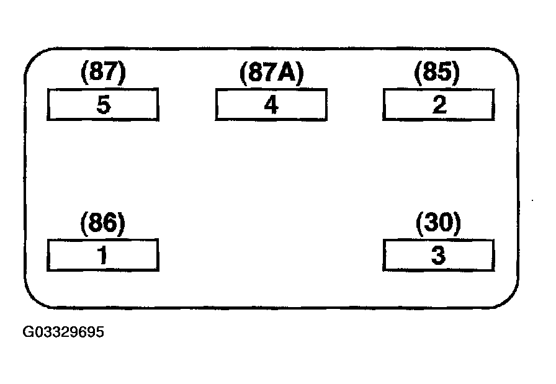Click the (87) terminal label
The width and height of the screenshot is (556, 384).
[x=103, y=72]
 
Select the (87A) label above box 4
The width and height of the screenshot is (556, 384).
[x=272, y=73]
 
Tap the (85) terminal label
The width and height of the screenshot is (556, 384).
[x=437, y=73]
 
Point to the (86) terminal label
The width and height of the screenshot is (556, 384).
[x=103, y=224]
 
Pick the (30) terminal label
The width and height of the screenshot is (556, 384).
[x=438, y=223]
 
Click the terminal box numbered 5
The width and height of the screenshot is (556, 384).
[x=103, y=105]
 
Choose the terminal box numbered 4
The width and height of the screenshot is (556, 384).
[x=271, y=105]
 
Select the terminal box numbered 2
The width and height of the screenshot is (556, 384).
[x=439, y=105]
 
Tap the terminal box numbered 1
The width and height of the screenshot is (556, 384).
[x=103, y=256]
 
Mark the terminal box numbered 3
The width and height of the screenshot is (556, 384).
[x=439, y=256]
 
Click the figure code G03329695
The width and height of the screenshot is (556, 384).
[x=63, y=333]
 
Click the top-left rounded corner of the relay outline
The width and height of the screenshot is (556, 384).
[x=34, y=58]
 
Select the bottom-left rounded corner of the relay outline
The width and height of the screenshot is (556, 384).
[x=34, y=298]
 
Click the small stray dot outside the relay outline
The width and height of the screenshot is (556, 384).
[x=532, y=201]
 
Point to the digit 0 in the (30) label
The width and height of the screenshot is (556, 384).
[x=446, y=223]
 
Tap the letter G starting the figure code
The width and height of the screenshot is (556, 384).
[x=28, y=333]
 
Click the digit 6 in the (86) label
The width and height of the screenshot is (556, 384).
[x=110, y=224]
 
